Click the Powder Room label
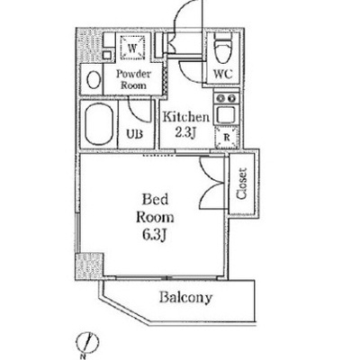point(134,79)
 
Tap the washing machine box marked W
point(132,48)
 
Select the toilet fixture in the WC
point(223,48)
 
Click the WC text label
point(223,74)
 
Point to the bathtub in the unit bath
point(99,124)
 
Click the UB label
point(134,134)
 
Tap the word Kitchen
point(185,117)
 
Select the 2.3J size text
point(185,132)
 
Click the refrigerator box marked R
point(227,138)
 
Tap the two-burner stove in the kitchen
point(227,97)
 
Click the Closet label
point(242,184)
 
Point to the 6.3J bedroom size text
point(155,235)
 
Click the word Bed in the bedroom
point(155,200)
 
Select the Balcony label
point(185,298)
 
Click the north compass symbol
point(87,342)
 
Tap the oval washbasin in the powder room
point(94,79)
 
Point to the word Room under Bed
point(155,217)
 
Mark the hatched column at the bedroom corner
point(89,267)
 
